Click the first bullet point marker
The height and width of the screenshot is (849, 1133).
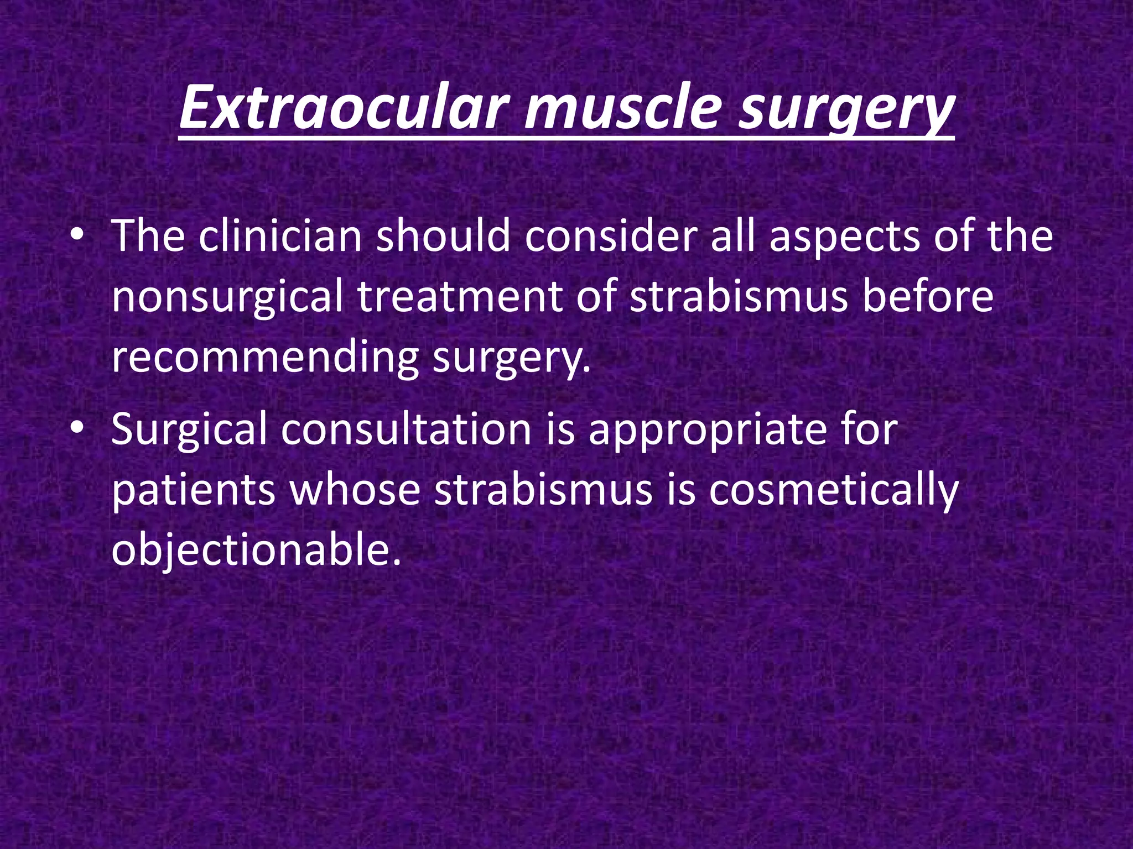click(x=77, y=236)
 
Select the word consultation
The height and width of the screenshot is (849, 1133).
click(x=406, y=429)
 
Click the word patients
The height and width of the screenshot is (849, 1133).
click(x=194, y=490)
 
